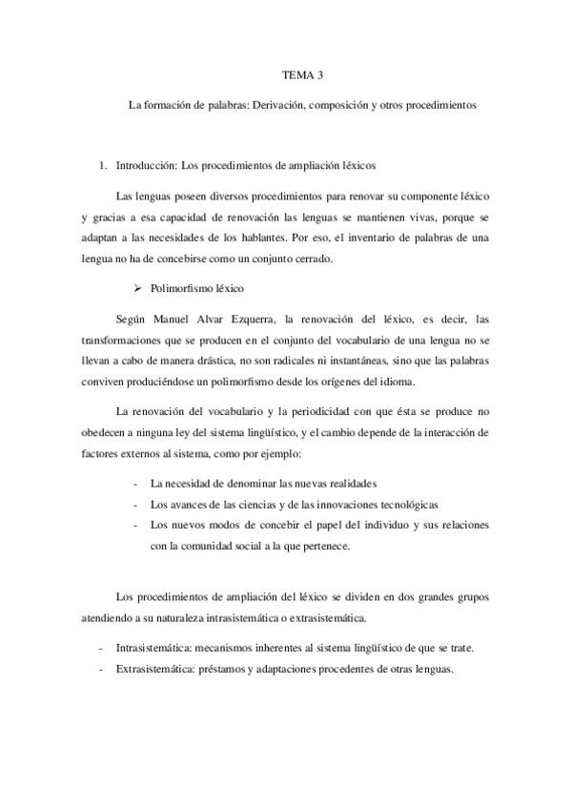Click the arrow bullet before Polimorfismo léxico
(x=136, y=286)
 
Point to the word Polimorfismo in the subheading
(x=180, y=286)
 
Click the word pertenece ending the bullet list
(x=297, y=547)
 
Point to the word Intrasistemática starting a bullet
(x=151, y=648)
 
